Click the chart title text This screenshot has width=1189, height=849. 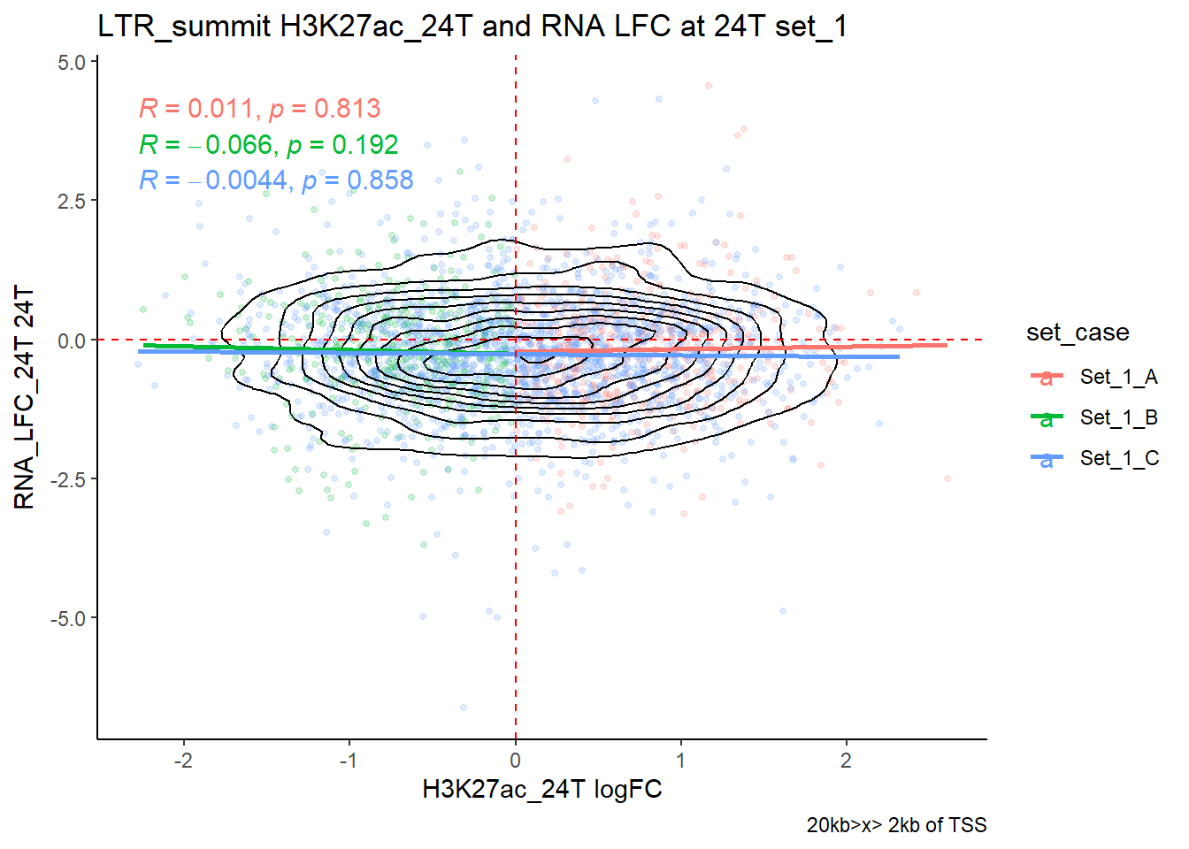click(472, 27)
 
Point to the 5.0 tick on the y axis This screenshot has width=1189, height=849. click(72, 63)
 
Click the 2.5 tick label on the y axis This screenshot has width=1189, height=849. click(72, 202)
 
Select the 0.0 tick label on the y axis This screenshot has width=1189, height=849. click(72, 340)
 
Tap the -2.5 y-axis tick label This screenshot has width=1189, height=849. click(68, 479)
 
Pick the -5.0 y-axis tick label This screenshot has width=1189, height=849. click(68, 618)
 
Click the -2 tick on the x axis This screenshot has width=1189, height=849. click(183, 761)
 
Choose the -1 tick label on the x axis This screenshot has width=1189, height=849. click(349, 761)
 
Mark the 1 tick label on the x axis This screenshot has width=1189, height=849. click(680, 761)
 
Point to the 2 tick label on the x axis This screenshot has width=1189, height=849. click(846, 761)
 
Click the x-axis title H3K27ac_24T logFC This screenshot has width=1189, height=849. click(542, 790)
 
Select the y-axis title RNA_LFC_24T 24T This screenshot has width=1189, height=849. click(25, 398)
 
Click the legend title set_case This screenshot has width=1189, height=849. click(1078, 333)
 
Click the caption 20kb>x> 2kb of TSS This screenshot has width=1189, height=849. click(896, 825)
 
